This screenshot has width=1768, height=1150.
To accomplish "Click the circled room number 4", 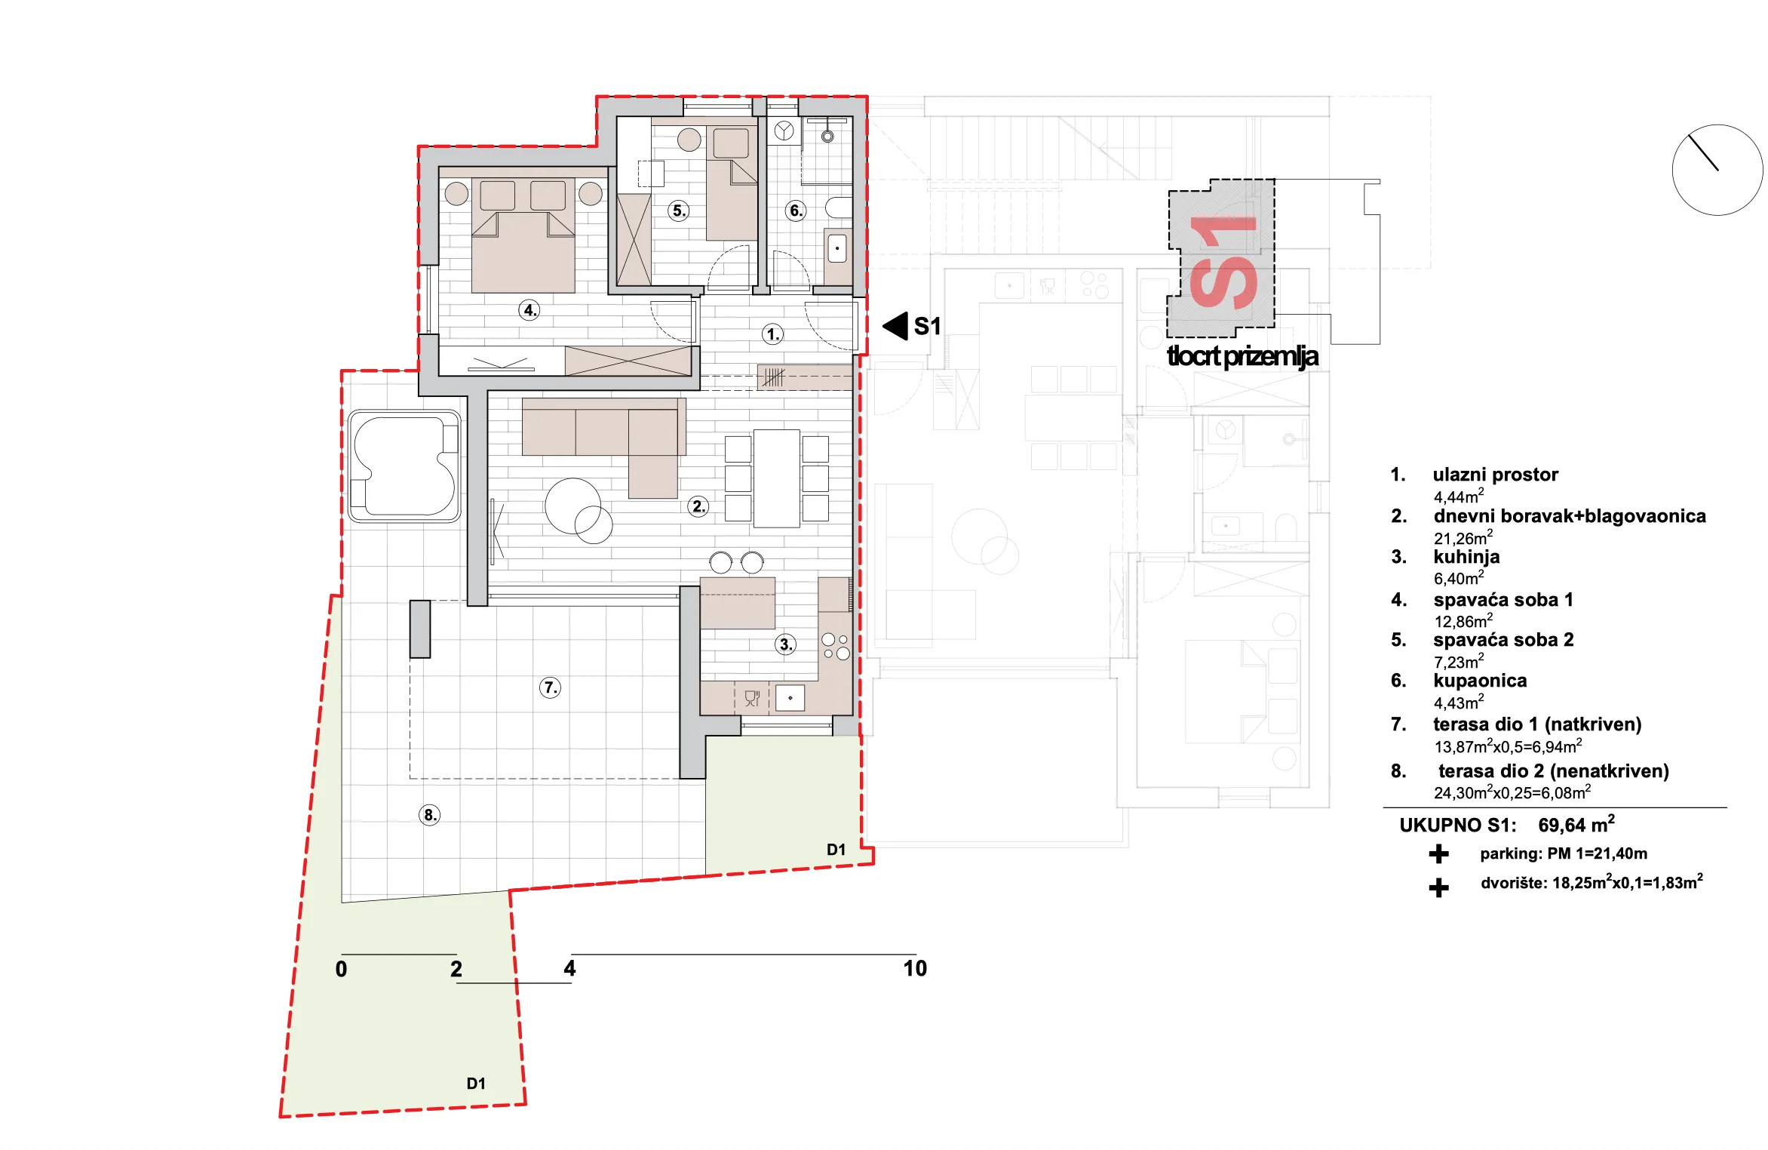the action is click(529, 310).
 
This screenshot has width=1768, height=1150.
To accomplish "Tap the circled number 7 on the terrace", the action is click(550, 687).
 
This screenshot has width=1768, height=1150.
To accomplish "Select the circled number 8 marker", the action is click(429, 815).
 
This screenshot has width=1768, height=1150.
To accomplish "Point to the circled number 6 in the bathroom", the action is click(796, 211).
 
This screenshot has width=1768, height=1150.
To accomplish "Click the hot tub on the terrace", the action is click(404, 466).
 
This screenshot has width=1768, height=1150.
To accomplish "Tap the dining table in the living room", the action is click(777, 478).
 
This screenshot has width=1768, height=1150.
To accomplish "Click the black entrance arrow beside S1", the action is click(895, 326).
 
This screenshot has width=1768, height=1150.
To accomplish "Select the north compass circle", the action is click(1717, 170).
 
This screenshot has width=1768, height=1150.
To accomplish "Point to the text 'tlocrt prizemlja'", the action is click(1242, 356).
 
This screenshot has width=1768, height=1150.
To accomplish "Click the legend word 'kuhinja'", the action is click(1466, 557).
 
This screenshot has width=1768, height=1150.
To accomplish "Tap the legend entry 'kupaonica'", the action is click(1480, 681).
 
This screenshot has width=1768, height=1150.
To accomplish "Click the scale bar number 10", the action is click(915, 969).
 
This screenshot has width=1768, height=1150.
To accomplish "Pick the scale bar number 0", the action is click(341, 969).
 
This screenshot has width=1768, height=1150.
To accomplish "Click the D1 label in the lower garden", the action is click(476, 1084).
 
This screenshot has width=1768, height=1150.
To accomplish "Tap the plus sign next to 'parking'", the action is click(1438, 853).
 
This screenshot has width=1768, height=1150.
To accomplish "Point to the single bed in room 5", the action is click(732, 183).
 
